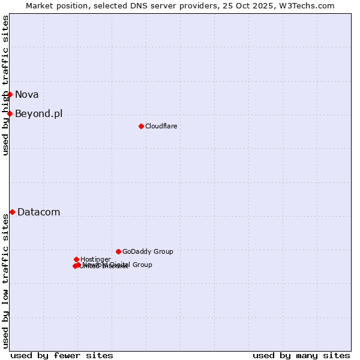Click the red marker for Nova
coord(10,94)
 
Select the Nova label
coord(27,94)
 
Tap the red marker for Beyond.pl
coord(10,113)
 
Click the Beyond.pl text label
coord(38,113)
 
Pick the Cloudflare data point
coord(141,126)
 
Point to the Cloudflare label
coord(161,126)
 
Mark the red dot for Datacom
coord(12,212)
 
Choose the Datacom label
coord(38,212)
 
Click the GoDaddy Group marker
coord(118,251)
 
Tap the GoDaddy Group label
coord(148,251)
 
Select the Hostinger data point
coord(76,259)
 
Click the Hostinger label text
coord(95,259)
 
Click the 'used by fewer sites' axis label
coord(62,355)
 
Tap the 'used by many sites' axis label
coord(301,355)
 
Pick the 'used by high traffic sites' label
coord(5,85)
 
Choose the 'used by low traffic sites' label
coord(5,281)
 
